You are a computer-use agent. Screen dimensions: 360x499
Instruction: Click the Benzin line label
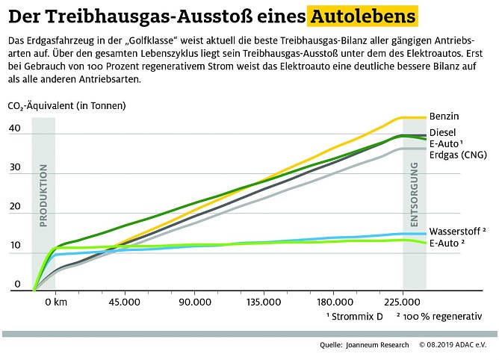[x=444, y=117]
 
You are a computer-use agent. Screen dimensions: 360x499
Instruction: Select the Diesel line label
[x=443, y=132]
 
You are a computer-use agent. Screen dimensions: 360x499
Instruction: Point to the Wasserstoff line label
[x=457, y=231]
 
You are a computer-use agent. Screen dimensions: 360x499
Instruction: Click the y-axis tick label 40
[x=15, y=128]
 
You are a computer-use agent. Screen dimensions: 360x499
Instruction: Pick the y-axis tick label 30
[x=15, y=168]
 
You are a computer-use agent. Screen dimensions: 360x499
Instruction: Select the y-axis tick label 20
[x=15, y=207]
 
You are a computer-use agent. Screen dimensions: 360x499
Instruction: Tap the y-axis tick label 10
[x=15, y=246]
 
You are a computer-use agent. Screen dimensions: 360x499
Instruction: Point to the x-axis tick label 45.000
[x=125, y=302]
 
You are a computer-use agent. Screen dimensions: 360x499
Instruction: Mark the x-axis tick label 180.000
[x=334, y=302]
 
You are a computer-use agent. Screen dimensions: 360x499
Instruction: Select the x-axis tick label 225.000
[x=403, y=302]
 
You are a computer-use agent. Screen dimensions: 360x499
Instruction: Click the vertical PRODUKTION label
[x=43, y=196]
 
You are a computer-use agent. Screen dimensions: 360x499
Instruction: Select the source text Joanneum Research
[x=377, y=345]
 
